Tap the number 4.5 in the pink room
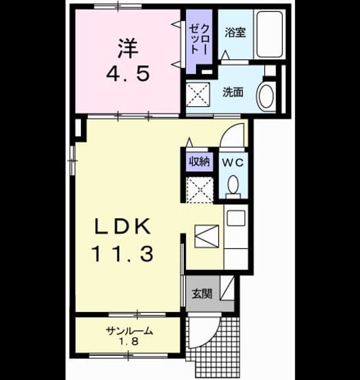pos(128,74)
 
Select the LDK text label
pos(122,226)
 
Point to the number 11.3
pos(122,254)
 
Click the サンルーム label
pos(130,331)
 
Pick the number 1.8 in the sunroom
pos(128,342)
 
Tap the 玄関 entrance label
pos(202,294)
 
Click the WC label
pos(233,163)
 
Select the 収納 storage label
pos(200,161)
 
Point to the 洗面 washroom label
pos(233,92)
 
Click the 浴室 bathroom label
pos(235,32)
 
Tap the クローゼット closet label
pos(199,39)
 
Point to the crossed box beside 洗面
pos(198,95)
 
